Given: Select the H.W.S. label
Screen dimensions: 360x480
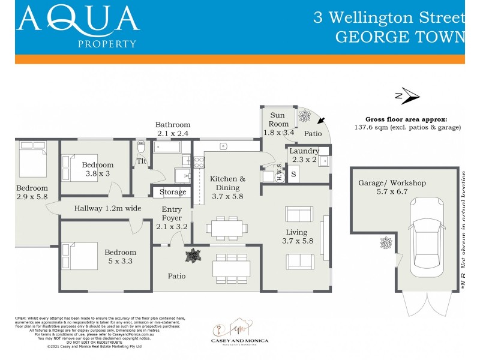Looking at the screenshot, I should point(280,172).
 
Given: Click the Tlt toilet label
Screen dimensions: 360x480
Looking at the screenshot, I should point(142,161).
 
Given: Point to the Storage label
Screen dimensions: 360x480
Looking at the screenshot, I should point(173,192).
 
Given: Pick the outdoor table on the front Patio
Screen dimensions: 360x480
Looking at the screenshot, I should point(230,268).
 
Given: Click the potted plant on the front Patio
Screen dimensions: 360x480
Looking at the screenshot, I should point(193,256).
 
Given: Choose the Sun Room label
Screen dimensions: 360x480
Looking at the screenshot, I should point(277,119).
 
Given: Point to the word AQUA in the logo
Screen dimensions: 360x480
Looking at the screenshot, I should point(78,19).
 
